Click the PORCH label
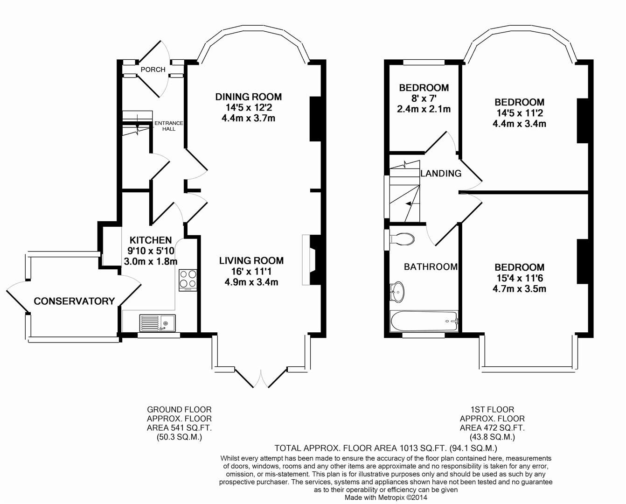tap(153, 70)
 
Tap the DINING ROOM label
tap(248, 97)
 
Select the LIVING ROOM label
tap(251, 261)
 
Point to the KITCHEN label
tap(150, 240)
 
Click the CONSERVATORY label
tap(74, 301)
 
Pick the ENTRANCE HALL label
tap(169, 126)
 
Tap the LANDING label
tap(441, 174)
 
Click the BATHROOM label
tap(431, 267)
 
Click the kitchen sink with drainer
tap(157, 322)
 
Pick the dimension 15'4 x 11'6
tap(519, 278)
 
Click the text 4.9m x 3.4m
tap(251, 282)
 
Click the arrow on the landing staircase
tap(408, 203)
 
